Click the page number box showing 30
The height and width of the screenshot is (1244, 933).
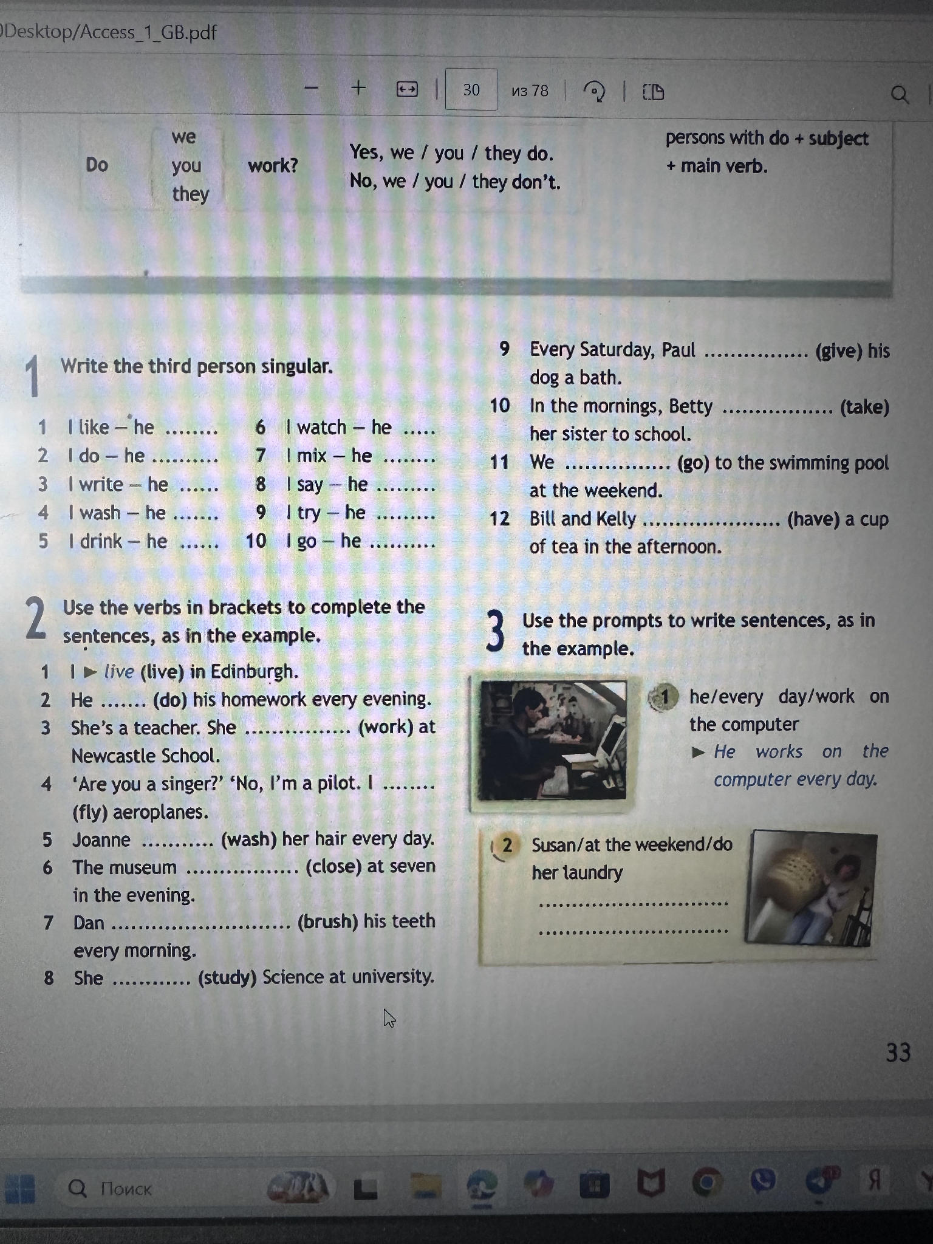pos(471,90)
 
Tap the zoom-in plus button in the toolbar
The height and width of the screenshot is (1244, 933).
pos(359,88)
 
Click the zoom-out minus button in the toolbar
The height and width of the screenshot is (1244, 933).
pos(312,88)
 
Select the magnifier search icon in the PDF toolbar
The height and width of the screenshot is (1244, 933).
pos(900,95)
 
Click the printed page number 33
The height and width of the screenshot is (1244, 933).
pos(898,1052)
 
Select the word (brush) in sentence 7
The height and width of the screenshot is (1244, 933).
pos(327,921)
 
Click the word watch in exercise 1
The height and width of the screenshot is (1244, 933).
pos(321,427)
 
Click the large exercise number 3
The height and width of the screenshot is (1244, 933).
pos(495,632)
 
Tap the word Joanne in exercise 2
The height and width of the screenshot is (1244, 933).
pos(101,839)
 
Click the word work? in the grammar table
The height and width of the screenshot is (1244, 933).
pos(273,165)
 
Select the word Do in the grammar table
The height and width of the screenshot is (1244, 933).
pos(97,165)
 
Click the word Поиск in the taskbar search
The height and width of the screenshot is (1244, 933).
pos(126,1188)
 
